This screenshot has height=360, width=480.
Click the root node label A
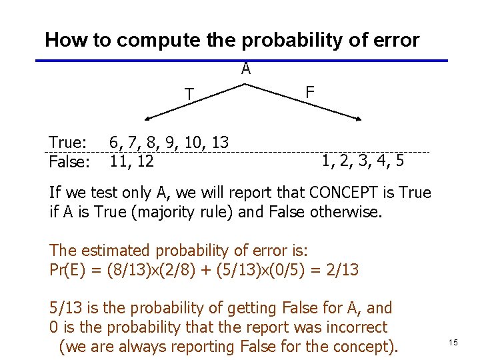point(246,69)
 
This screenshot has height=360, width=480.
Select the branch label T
point(190,95)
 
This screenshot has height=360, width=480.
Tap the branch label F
point(309,91)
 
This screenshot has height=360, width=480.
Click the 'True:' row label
point(68,143)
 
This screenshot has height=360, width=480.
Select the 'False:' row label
point(69,161)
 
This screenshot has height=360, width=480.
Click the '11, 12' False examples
point(132,161)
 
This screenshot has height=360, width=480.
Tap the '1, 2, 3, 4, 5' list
point(362,161)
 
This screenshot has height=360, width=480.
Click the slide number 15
point(453,342)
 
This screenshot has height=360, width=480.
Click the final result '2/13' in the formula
point(344,270)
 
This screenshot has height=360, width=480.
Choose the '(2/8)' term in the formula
point(194,270)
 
